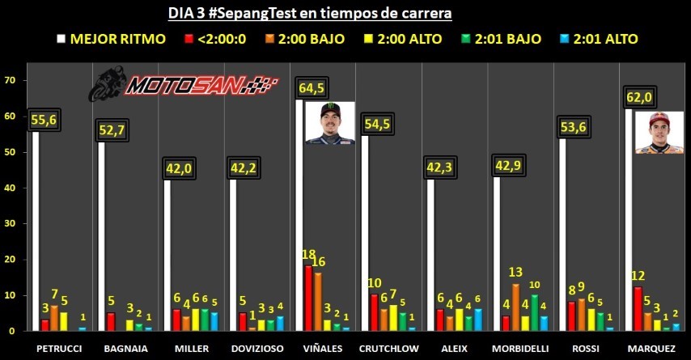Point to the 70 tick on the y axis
point(11,80)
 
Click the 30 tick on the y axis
point(11,224)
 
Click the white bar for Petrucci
point(35,231)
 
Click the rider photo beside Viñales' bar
point(330,123)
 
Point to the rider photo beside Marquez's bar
point(659,133)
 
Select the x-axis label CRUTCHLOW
point(388,348)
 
